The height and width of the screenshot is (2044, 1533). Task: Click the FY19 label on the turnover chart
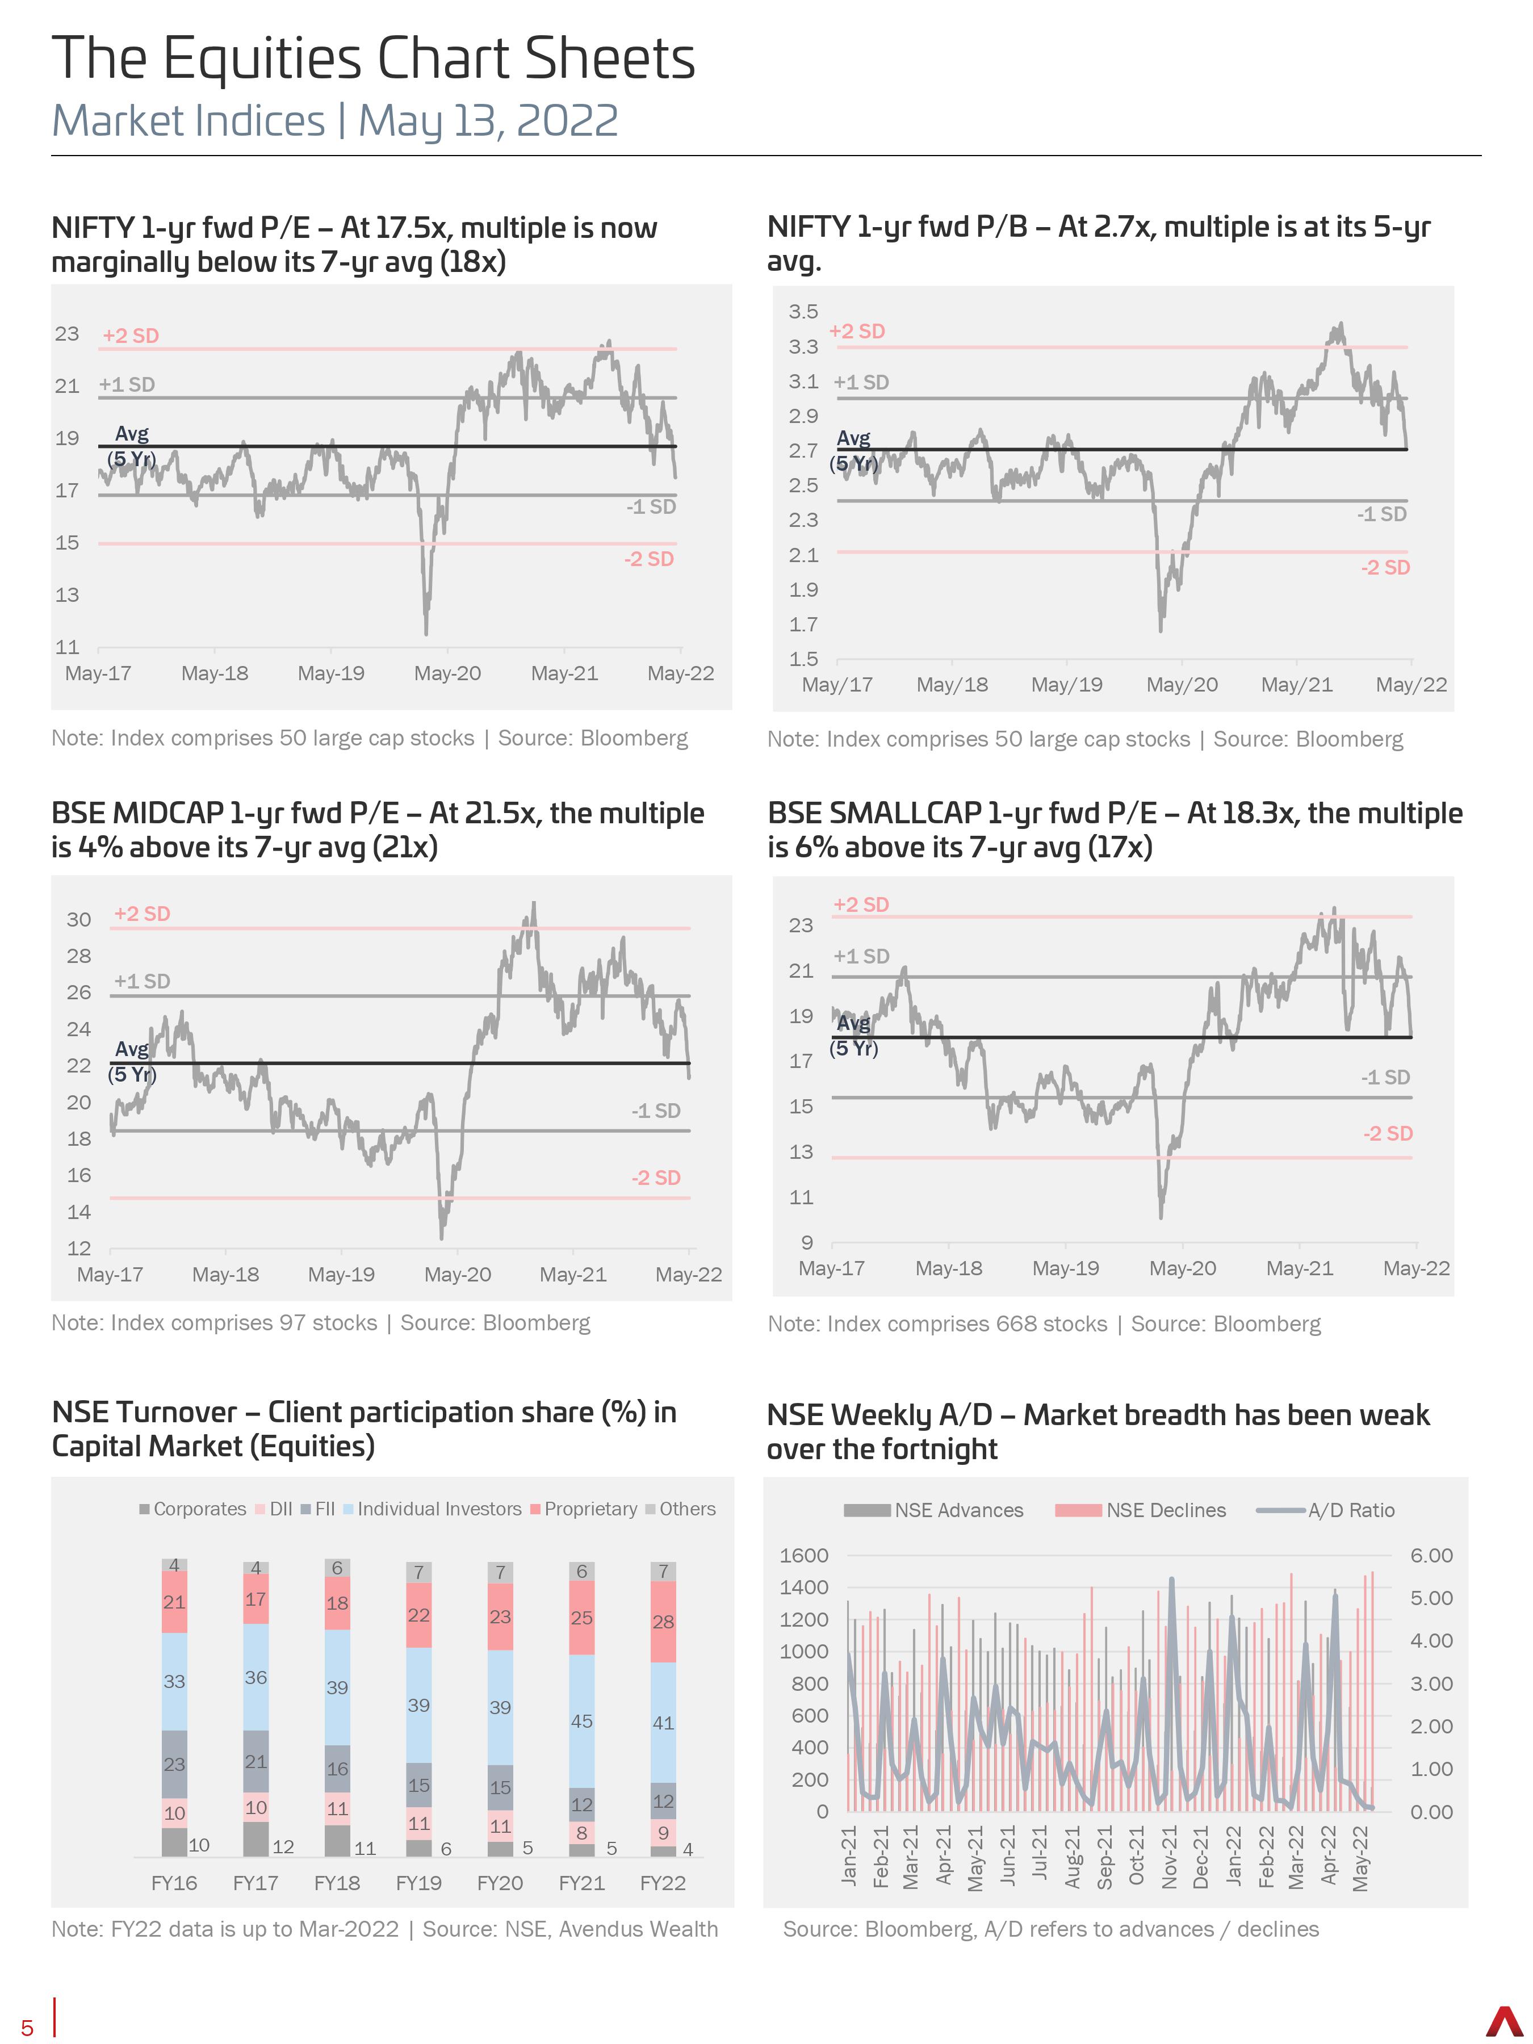(x=418, y=1882)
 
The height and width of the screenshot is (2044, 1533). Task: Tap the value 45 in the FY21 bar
(x=581, y=1720)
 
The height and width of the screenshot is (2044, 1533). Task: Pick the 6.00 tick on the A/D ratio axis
(x=1431, y=1555)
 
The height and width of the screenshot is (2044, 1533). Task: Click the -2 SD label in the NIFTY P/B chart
(x=1385, y=567)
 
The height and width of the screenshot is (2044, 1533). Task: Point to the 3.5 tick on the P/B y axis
(x=803, y=311)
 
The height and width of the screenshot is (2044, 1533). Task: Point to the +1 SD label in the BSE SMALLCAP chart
(x=861, y=956)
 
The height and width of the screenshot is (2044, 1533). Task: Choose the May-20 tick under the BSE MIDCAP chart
(x=458, y=1274)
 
